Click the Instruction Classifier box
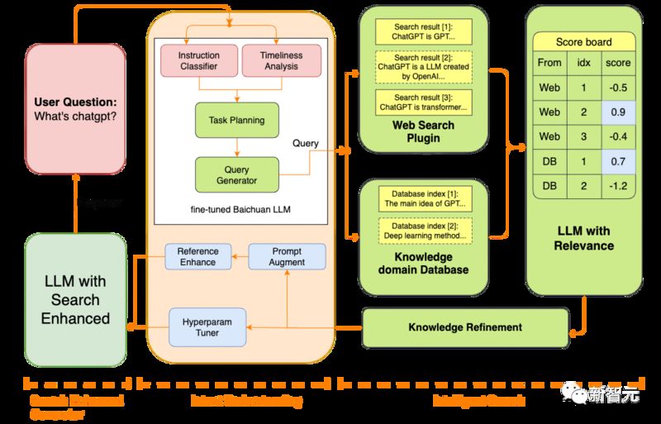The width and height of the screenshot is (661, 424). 199,61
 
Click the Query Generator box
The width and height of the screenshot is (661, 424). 236,174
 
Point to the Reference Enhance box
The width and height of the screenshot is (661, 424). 196,256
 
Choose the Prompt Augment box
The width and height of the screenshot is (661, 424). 287,256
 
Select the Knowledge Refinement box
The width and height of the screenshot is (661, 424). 464,327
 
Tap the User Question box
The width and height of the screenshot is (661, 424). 75,110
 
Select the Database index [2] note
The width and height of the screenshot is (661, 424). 423,229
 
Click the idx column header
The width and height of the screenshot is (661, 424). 583,63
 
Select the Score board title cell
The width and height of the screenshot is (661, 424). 583,41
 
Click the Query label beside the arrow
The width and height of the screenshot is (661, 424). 306,143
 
